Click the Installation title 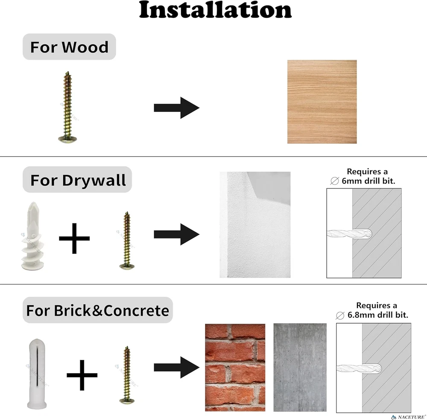point(215,10)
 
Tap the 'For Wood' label point(69,47)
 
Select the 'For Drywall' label point(77,180)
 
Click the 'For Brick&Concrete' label point(97,310)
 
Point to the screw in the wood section point(67,107)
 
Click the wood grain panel point(322,102)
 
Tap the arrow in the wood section point(176,108)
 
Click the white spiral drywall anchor point(32,236)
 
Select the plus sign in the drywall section point(74,238)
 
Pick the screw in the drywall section point(127,240)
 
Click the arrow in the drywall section point(176,234)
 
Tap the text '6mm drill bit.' point(368,181)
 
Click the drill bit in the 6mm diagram point(349,234)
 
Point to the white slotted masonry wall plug point(37,374)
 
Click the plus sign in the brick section point(82,375)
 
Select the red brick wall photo point(235,368)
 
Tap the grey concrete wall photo point(300,368)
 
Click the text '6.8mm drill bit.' point(378,315)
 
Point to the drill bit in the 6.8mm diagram point(359,368)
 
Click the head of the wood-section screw point(67,140)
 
